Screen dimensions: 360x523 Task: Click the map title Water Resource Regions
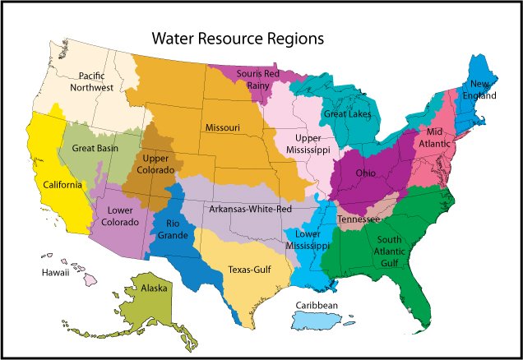click(x=237, y=39)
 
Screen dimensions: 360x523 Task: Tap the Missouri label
click(x=222, y=127)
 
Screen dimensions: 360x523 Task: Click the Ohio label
click(x=366, y=173)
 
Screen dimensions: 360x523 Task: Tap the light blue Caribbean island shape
click(x=331, y=319)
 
